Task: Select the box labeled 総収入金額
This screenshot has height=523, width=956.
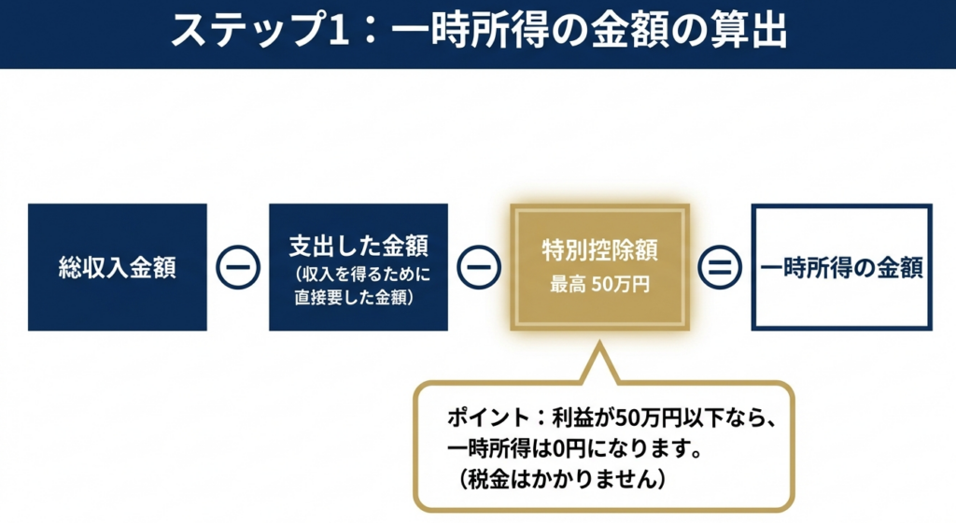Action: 118,268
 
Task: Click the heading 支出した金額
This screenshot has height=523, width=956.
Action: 358,247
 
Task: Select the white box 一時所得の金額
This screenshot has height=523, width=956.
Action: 841,268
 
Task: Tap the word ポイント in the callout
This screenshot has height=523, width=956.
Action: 484,417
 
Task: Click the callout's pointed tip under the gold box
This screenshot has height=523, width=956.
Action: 597,347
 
